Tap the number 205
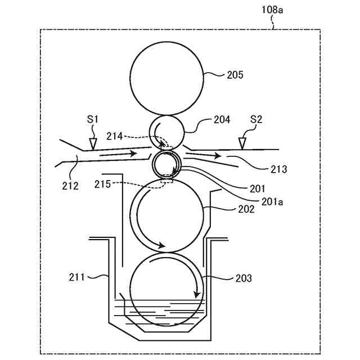[x=235, y=74]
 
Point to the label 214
[x=114, y=135]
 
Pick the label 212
[x=70, y=185]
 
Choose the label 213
[x=278, y=169]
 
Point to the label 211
[x=76, y=277]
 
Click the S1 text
[x=93, y=119]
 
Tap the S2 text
[x=256, y=119]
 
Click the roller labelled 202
[x=166, y=217]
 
